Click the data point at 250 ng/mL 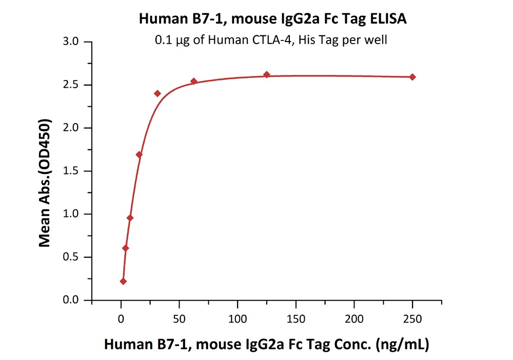tap(412, 77)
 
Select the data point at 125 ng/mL tap(267, 75)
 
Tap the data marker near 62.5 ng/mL tap(194, 81)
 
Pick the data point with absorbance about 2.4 tap(157, 93)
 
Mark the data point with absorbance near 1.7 tap(139, 154)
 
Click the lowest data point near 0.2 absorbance tap(123, 281)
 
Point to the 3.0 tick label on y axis tap(75, 42)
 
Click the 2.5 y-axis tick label tap(75, 85)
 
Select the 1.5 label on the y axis tap(75, 171)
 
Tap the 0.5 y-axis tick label tap(75, 257)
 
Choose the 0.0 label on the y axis tap(75, 301)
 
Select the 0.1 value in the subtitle tap(164, 40)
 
